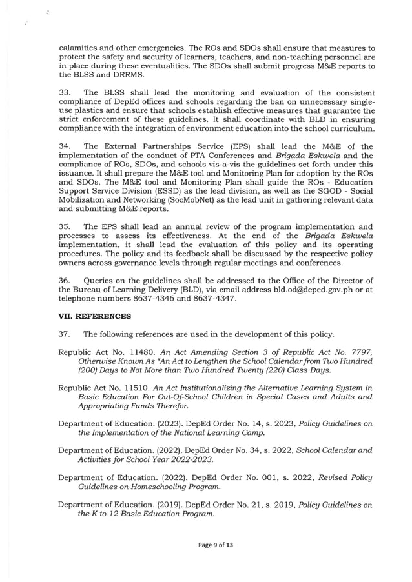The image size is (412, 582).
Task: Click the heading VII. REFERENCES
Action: (94, 316)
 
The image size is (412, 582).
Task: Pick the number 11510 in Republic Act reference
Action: (139, 389)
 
